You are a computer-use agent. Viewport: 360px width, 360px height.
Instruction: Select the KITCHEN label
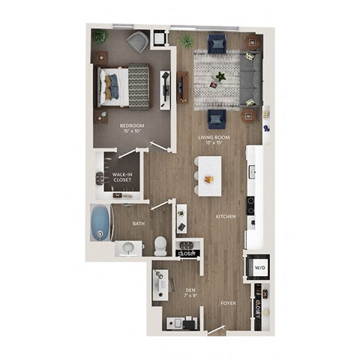(x=226, y=216)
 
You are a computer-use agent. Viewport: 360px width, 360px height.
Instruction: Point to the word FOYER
(x=228, y=303)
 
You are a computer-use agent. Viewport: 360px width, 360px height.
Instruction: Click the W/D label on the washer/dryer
(x=259, y=266)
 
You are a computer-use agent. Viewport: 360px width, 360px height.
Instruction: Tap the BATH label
(x=139, y=223)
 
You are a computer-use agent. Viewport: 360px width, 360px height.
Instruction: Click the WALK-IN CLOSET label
(x=123, y=177)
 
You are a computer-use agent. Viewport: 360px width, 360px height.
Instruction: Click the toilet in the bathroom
(x=159, y=244)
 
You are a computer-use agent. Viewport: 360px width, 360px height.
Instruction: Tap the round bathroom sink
(x=127, y=247)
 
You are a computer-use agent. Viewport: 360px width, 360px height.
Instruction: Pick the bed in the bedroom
(x=124, y=85)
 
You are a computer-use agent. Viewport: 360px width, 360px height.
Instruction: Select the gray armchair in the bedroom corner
(x=137, y=42)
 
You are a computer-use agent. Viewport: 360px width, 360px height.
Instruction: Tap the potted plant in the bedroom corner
(x=100, y=36)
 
